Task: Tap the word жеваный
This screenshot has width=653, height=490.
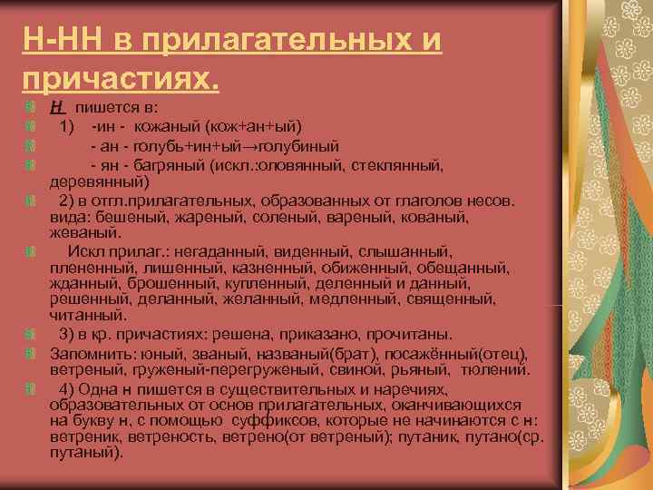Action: click(78, 233)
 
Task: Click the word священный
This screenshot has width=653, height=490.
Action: click(447, 299)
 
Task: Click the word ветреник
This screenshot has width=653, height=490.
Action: click(84, 436)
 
